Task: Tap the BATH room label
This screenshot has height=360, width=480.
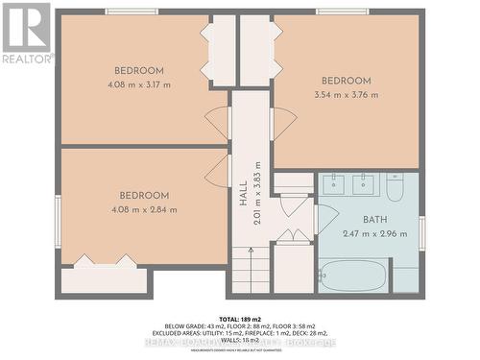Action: [x=362, y=220]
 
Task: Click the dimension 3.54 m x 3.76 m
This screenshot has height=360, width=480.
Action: [x=347, y=94]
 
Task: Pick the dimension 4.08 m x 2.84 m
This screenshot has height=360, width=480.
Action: [x=144, y=209]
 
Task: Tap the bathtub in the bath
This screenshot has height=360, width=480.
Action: [x=352, y=276]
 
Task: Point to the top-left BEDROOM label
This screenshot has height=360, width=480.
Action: [x=139, y=70]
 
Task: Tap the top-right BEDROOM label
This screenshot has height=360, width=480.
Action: [x=346, y=81]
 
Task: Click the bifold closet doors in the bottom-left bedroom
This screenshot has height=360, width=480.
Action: [x=104, y=260]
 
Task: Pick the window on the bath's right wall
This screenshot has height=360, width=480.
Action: [x=421, y=232]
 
